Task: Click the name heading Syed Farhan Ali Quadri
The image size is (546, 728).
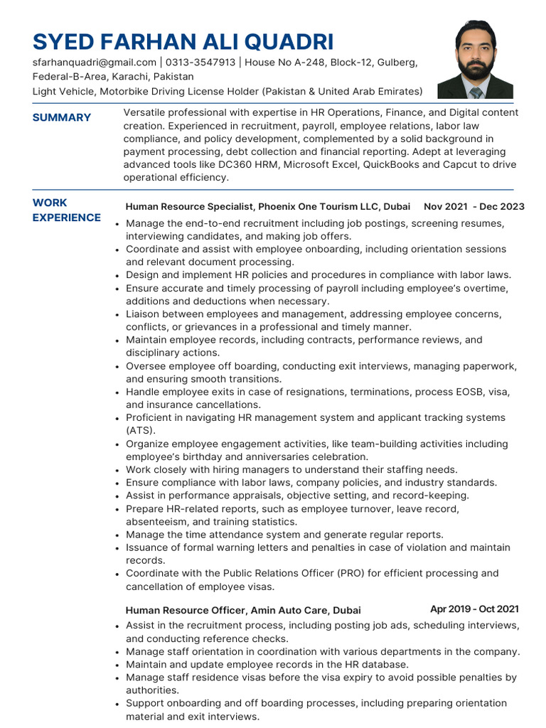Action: pos(183,41)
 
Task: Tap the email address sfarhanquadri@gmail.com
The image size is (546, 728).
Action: pos(94,63)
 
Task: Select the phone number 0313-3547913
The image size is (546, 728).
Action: pos(200,63)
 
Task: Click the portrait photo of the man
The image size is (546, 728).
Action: pos(475,60)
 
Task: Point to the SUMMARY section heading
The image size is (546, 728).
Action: pos(62,117)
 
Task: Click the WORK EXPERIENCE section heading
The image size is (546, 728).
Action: pos(67,210)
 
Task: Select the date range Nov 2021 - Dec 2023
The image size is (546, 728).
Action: pos(473,206)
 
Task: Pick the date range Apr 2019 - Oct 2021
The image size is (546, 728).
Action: pos(474,609)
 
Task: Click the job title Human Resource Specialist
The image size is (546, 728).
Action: pos(190,207)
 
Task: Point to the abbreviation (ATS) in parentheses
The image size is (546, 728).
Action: pos(140,431)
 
